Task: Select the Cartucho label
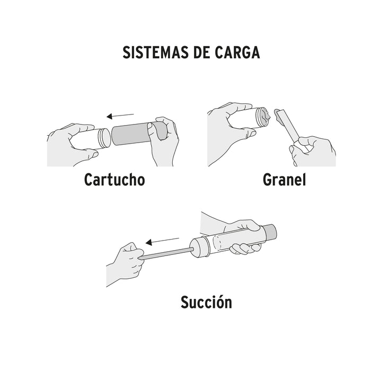click(114, 180)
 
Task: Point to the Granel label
click(285, 180)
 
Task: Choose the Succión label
click(206, 303)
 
